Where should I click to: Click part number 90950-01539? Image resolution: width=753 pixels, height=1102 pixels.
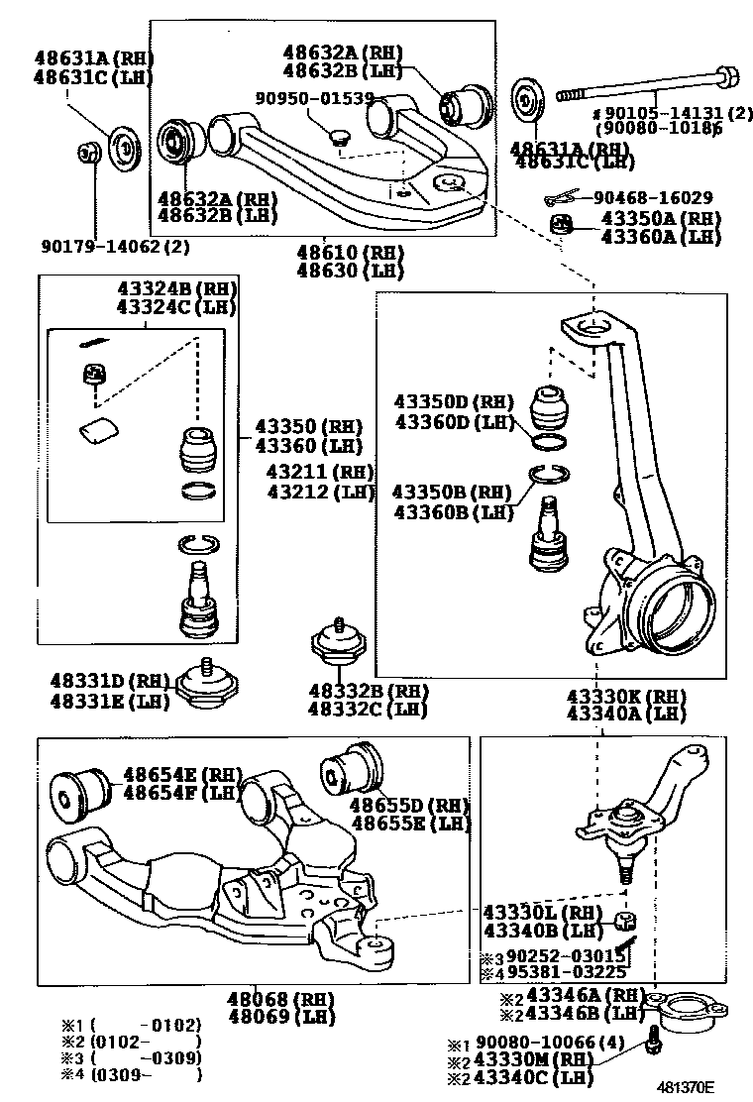point(314,98)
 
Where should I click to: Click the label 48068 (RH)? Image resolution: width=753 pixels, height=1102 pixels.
point(257,999)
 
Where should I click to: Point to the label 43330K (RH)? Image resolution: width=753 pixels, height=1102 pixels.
point(626,696)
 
